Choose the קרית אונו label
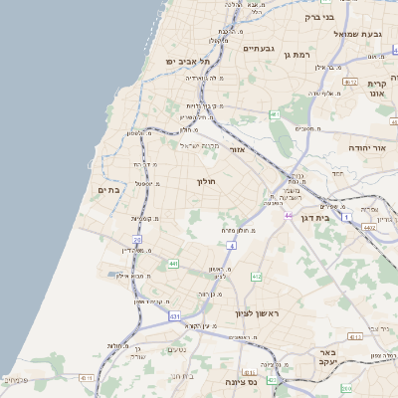tap(376, 91)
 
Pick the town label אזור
tap(237, 149)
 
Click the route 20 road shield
tap(137, 240)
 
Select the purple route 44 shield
tap(289, 215)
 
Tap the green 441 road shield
tap(173, 263)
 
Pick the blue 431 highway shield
tap(175, 316)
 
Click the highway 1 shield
tap(345, 216)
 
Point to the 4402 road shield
tap(369, 228)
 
